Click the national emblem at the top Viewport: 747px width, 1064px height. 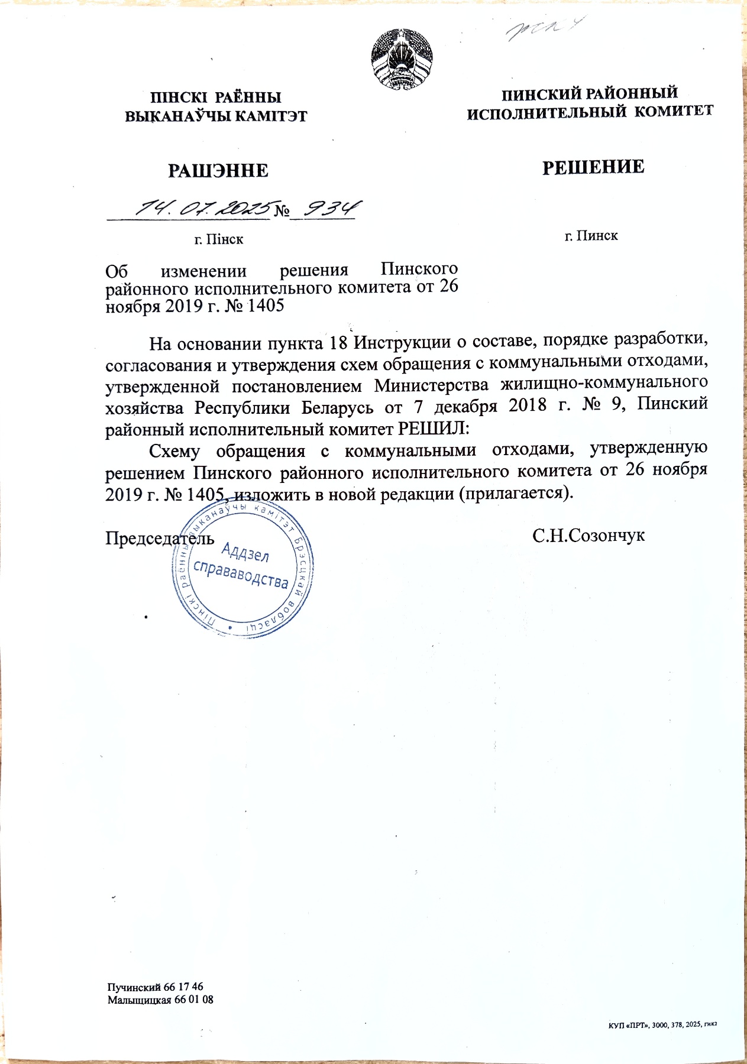[403, 59]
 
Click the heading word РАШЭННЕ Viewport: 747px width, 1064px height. [218, 171]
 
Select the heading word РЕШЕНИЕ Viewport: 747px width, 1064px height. [593, 167]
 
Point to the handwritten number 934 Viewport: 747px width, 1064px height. [330, 208]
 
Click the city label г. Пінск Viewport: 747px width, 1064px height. [219, 239]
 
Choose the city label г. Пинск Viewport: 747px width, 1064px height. [591, 236]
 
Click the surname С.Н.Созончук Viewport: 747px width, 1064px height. [588, 536]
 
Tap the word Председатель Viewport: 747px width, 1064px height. [160, 539]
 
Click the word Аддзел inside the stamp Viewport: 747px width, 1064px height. [245, 553]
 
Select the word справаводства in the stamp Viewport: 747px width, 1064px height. [241, 574]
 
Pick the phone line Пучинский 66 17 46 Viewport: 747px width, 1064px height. [155, 987]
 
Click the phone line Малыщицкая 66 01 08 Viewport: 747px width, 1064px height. [160, 1000]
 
